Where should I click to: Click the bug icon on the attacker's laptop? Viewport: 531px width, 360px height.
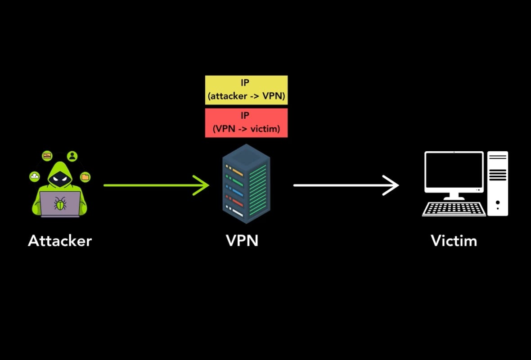tap(60, 204)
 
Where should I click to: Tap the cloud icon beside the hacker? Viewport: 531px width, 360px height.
tap(35, 176)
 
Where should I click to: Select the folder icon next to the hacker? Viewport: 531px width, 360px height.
tap(85, 177)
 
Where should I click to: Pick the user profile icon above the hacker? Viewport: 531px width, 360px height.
tap(72, 156)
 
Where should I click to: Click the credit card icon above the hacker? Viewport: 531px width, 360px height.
tap(47, 156)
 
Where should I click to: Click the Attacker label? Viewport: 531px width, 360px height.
tap(60, 241)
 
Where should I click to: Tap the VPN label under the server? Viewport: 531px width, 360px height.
tap(242, 241)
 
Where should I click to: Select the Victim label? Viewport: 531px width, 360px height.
tap(454, 241)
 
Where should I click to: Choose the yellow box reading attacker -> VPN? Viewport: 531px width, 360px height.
tap(246, 90)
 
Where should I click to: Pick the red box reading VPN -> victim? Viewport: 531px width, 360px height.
tap(246, 122)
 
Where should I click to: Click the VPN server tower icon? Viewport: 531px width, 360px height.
tap(246, 184)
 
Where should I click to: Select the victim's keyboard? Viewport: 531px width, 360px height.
tap(454, 209)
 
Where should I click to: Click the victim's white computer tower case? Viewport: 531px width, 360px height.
tap(497, 184)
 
